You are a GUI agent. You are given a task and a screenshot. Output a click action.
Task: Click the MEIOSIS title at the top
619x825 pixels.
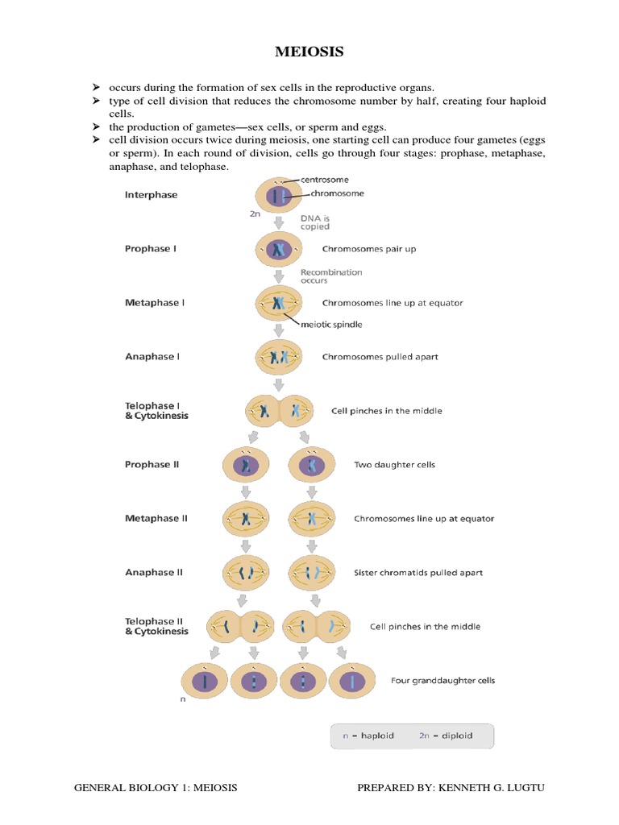click(309, 52)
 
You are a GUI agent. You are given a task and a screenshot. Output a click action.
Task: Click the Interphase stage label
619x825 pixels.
click(151, 195)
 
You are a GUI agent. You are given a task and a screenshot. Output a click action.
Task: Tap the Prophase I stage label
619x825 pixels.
click(151, 249)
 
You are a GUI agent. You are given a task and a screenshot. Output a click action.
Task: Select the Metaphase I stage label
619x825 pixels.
click(155, 303)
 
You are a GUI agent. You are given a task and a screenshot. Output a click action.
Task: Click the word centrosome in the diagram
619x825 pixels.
click(325, 180)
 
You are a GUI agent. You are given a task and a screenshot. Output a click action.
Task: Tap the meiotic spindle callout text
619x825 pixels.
click(331, 325)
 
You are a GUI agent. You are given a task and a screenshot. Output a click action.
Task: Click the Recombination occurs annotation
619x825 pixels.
click(330, 276)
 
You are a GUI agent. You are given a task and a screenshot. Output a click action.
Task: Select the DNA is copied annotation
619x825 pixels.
click(315, 222)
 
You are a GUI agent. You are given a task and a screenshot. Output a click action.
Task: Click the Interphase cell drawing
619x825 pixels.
click(278, 196)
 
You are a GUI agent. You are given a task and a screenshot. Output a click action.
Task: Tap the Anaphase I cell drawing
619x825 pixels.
click(279, 357)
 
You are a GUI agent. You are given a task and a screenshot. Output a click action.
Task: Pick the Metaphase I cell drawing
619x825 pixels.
click(279, 304)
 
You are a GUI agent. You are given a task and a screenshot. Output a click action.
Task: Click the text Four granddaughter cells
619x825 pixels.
click(442, 681)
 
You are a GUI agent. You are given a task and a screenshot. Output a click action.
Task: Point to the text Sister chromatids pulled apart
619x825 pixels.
click(418, 573)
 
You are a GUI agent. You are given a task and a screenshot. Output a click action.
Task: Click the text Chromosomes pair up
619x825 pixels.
click(369, 249)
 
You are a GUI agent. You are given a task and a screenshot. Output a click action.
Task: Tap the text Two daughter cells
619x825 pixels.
click(394, 465)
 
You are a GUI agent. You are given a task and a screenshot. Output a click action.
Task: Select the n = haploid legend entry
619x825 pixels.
click(368, 736)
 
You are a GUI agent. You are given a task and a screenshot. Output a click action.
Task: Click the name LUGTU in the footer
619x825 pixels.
click(525, 787)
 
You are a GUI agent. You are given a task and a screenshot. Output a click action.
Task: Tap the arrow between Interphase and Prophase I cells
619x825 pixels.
click(278, 222)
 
